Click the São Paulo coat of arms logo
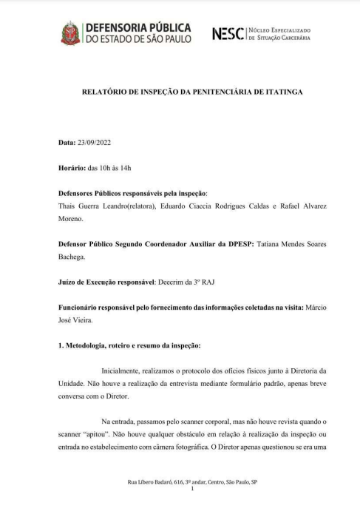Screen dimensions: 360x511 pos(71,33)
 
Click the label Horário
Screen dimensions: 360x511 pos(71,168)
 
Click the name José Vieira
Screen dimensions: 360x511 pos(77,323)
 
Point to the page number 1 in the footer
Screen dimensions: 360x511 pos(191,490)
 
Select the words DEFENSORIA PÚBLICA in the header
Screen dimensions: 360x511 pos(138,27)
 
